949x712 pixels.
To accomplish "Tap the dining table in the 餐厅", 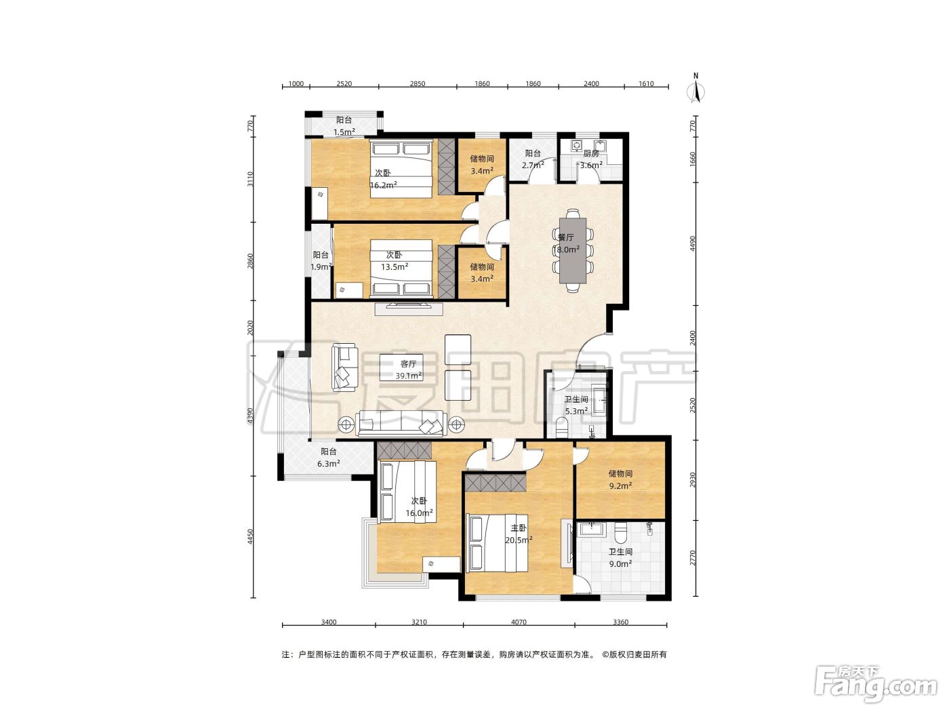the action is [573, 251].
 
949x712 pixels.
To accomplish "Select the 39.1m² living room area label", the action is [409, 376].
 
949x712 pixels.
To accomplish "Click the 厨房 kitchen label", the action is [591, 153].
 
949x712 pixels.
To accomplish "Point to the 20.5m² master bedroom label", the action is [519, 540].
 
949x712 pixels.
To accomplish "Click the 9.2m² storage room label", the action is [620, 486].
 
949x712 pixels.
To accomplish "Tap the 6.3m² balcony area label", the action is [328, 463].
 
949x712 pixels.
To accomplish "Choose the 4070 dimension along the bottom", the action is [519, 622].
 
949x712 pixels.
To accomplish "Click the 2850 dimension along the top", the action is [417, 84].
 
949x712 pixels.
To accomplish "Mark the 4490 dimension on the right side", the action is [693, 243].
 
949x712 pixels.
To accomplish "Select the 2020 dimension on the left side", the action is [250, 328].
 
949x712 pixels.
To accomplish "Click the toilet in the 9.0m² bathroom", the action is [620, 532].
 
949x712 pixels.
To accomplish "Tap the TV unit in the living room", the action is [409, 309].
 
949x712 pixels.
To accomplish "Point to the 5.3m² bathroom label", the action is [576, 411].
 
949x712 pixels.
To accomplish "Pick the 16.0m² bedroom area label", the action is [419, 513].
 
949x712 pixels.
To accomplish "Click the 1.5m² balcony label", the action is [344, 132].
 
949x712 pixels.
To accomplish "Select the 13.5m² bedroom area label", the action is [395, 266].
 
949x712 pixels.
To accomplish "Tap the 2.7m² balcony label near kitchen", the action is [533, 165].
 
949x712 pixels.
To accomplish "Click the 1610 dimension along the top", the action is [646, 84].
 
